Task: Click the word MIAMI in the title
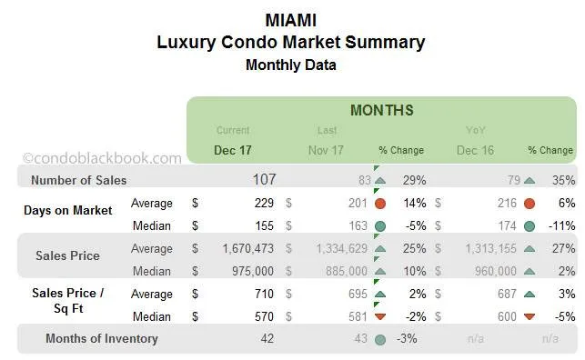point(291,19)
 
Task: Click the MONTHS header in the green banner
point(381,110)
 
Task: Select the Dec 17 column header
point(233,150)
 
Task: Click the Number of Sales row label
point(78,180)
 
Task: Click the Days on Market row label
point(68,210)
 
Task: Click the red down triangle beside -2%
point(379,316)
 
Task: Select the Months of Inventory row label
point(101,339)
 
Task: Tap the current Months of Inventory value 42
point(267,339)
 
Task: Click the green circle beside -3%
point(379,339)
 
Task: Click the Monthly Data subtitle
point(291,65)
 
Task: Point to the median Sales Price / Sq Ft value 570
point(265,316)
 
